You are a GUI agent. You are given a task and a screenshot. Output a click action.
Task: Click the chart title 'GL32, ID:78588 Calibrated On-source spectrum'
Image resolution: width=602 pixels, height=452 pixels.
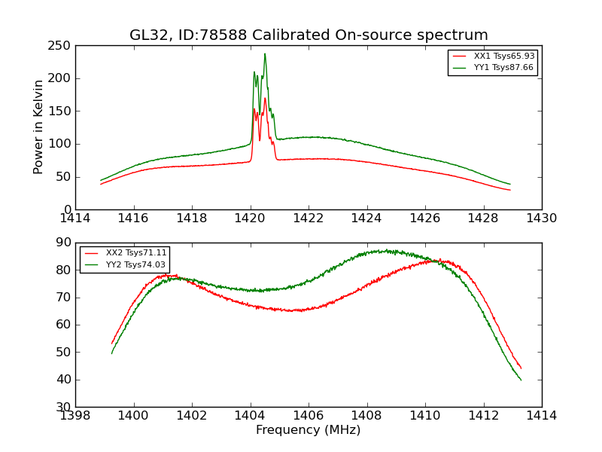(x=309, y=35)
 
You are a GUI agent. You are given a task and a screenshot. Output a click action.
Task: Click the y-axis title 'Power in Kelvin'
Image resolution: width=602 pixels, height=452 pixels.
(x=39, y=127)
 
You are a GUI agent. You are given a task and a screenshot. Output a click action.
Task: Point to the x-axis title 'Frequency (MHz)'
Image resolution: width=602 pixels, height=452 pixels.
(x=309, y=430)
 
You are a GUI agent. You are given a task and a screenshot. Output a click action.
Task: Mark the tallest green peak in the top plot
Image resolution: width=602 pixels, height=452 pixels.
(x=265, y=53)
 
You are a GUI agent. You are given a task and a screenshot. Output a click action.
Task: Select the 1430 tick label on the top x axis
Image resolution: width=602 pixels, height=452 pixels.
(x=542, y=218)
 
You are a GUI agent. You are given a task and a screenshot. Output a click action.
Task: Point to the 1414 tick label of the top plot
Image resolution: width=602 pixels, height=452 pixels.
(x=76, y=218)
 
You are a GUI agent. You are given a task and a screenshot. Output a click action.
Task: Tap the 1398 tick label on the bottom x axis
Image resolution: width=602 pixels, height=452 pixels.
(x=76, y=415)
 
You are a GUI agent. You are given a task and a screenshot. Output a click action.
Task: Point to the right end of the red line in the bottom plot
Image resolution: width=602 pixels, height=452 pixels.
(x=521, y=368)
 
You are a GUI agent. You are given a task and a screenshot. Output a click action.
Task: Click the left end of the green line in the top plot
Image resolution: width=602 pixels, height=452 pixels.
(x=101, y=180)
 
